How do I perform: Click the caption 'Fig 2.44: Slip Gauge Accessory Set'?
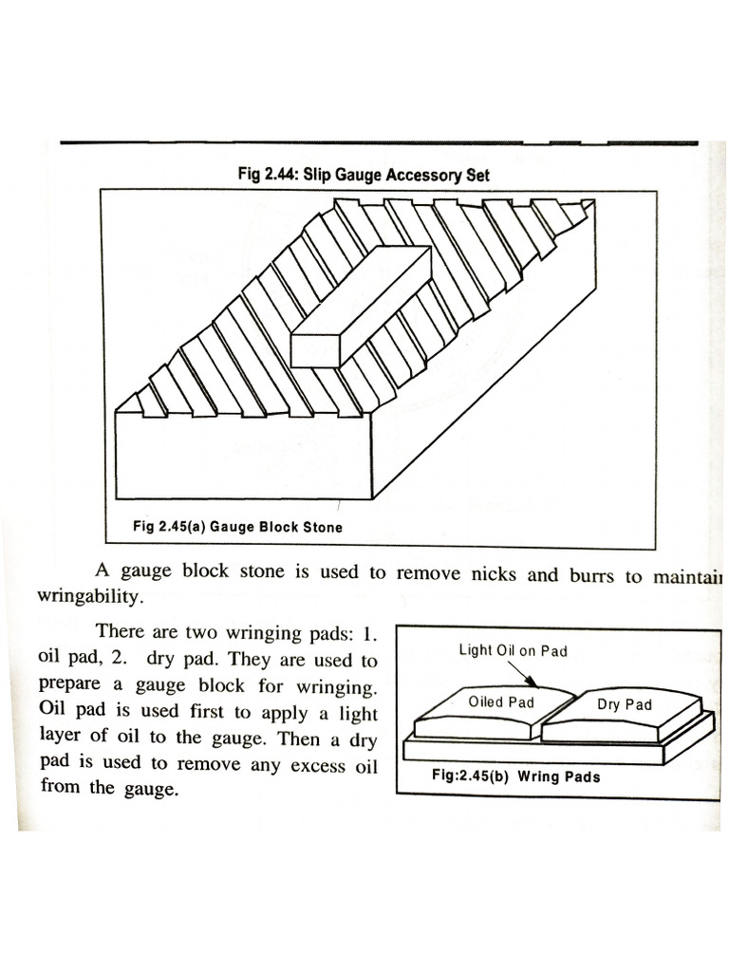364,176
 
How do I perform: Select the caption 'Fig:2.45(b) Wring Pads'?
515,776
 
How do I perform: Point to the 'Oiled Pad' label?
501,702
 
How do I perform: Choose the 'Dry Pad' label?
625,705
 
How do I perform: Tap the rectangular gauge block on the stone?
360,306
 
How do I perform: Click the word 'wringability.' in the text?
92,599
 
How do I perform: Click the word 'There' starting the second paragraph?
124,630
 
